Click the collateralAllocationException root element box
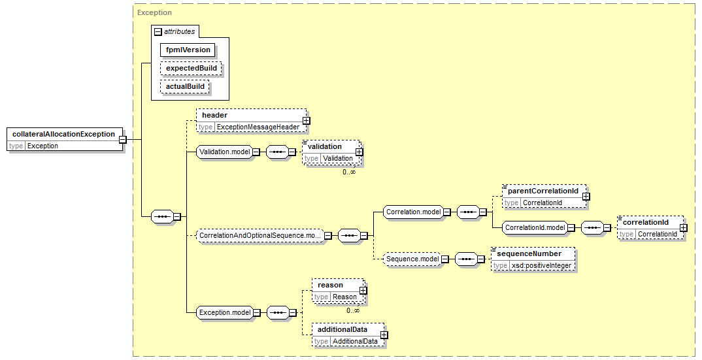[65, 140]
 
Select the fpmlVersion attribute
[188, 50]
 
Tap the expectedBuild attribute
[191, 69]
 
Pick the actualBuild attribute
[185, 86]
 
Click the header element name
[215, 115]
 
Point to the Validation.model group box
[225, 152]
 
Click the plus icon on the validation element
[359, 152]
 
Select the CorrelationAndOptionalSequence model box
[260, 235]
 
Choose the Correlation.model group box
[414, 212]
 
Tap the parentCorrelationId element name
[543, 191]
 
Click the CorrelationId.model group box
[535, 227]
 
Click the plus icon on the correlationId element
[683, 228]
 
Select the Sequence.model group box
[413, 259]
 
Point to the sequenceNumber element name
[529, 254]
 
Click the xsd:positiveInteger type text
[541, 265]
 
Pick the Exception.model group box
[226, 312]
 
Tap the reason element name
[330, 286]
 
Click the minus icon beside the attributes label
[158, 32]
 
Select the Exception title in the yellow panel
[154, 12]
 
